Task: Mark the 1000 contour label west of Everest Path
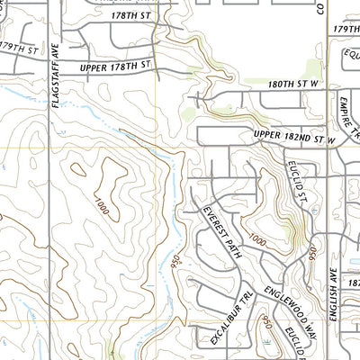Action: (x=101, y=209)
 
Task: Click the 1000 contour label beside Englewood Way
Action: (x=257, y=240)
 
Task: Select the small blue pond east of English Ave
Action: (x=353, y=263)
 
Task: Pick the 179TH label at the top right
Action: (x=346, y=28)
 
